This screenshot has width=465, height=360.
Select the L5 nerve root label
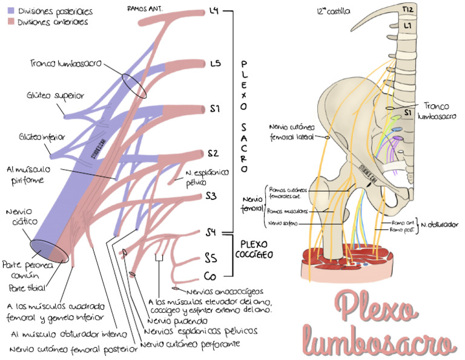click(x=215, y=63)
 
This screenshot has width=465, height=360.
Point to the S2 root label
click(x=213, y=153)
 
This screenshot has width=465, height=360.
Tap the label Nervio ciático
click(x=19, y=217)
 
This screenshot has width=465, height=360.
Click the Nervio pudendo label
click(x=179, y=320)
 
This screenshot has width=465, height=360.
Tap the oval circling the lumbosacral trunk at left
click(x=133, y=84)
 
